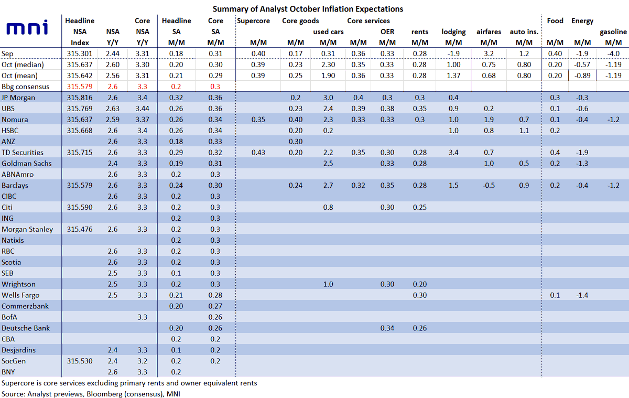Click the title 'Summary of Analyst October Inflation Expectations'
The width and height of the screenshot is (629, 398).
[308, 9]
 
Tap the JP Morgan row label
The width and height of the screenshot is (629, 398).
[19, 98]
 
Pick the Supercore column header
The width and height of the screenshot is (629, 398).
[253, 21]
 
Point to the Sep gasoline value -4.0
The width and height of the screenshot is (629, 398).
[613, 53]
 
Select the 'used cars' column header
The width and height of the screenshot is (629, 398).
[328, 32]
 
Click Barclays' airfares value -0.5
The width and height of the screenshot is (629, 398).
[489, 186]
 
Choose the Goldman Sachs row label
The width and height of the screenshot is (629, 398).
[27, 164]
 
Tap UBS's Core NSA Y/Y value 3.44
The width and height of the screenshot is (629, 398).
[142, 109]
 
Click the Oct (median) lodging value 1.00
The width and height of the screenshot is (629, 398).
[453, 64]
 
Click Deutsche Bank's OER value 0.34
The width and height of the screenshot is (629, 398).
[387, 328]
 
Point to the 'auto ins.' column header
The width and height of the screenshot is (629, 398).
[524, 32]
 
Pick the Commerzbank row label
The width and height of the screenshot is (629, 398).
[26, 306]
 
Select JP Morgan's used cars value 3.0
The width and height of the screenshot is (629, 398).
[328, 98]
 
